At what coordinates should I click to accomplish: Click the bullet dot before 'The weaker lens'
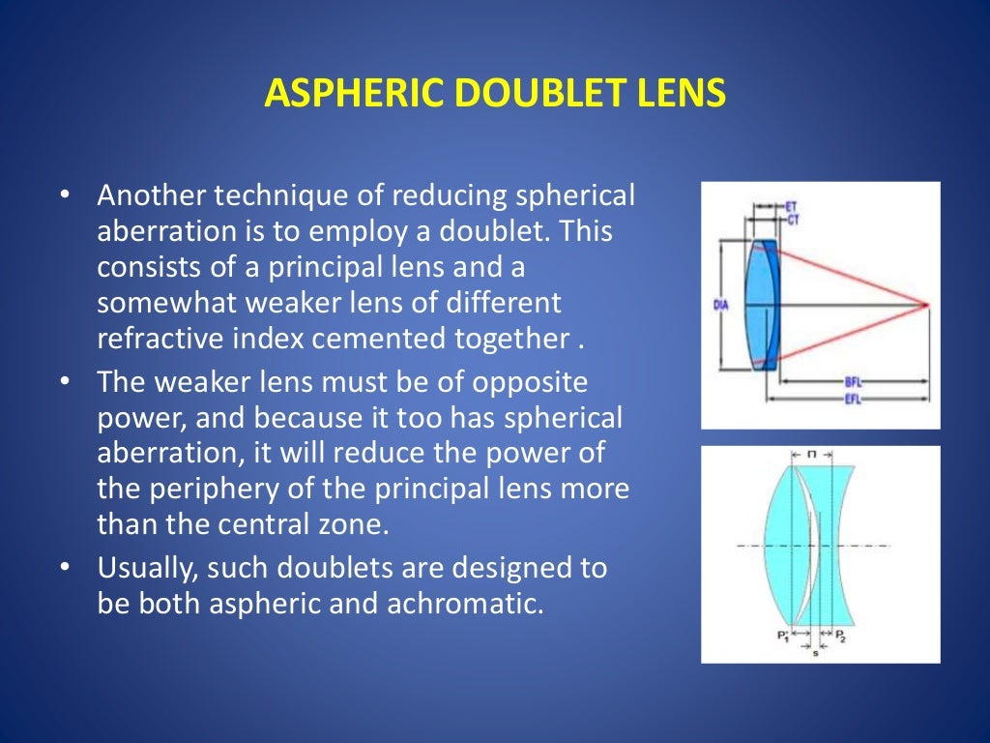click(65, 382)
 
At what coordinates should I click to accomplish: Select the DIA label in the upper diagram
click(720, 306)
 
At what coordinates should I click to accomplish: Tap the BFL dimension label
click(853, 382)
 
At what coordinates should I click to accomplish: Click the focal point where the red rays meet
click(926, 306)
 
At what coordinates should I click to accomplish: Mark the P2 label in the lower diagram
click(840, 636)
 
